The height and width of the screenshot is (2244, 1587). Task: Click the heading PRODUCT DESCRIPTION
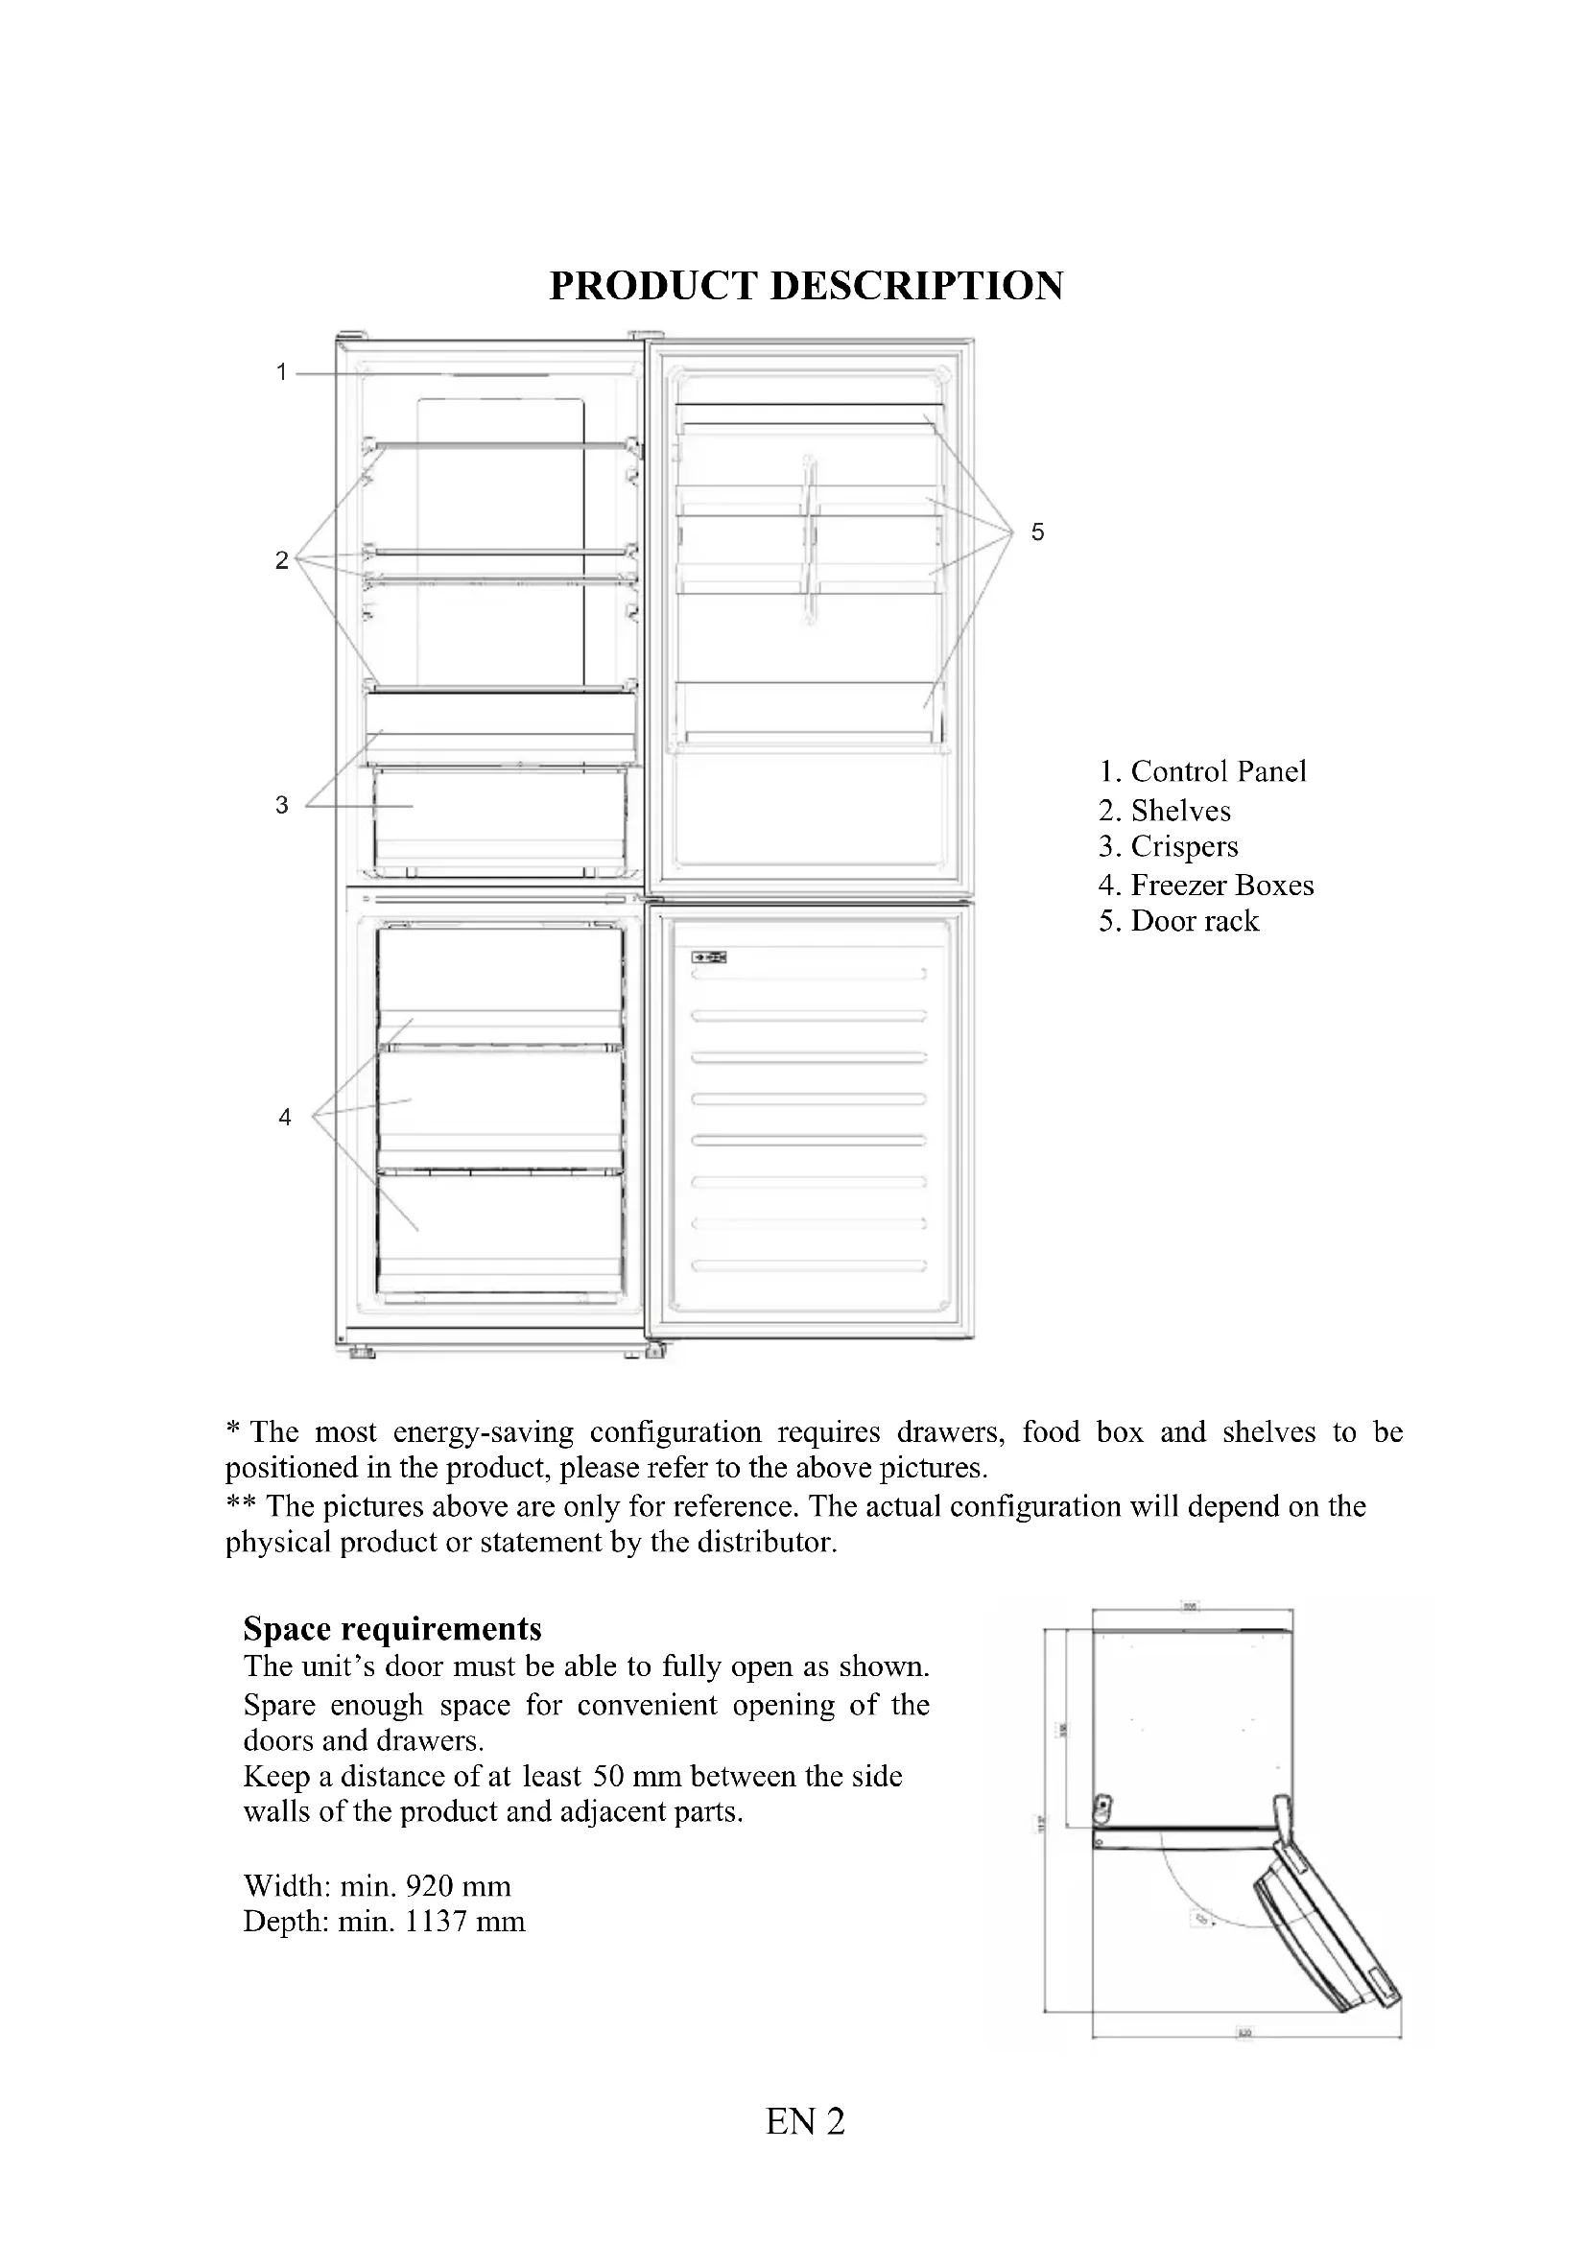pyautogui.click(x=805, y=285)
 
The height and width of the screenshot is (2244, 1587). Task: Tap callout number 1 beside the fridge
pyautogui.click(x=281, y=372)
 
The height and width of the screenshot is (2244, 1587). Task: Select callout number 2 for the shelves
pyautogui.click(x=281, y=560)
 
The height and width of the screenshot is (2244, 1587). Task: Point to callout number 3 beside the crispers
pyautogui.click(x=281, y=805)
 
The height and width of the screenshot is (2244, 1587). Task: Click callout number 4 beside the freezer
pyautogui.click(x=284, y=1117)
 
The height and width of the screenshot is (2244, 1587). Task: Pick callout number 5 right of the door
pyautogui.click(x=1038, y=532)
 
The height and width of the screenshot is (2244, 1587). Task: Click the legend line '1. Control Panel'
pyautogui.click(x=1202, y=772)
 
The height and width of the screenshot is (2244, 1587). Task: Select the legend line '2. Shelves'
pyautogui.click(x=1164, y=812)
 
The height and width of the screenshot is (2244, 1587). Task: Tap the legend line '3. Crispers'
pyautogui.click(x=1168, y=847)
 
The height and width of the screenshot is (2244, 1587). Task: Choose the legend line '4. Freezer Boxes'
pyautogui.click(x=1206, y=886)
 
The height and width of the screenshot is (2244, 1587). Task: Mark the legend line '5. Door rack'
pyautogui.click(x=1178, y=922)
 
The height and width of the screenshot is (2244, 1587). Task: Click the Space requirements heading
pyautogui.click(x=391, y=1629)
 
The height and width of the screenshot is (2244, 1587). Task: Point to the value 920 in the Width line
pyautogui.click(x=431, y=1886)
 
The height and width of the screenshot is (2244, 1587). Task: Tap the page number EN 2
pyautogui.click(x=805, y=2122)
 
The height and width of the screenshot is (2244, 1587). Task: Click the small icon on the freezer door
pyautogui.click(x=708, y=957)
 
